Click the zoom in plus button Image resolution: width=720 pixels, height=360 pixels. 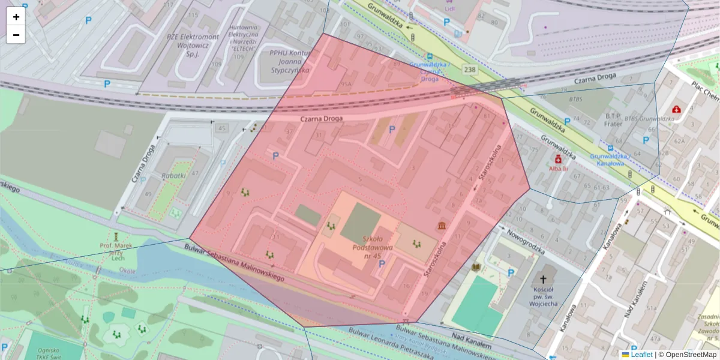(x=16, y=17)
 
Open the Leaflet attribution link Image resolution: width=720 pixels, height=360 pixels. (x=641, y=355)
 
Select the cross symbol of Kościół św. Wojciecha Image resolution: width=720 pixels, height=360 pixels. (x=544, y=279)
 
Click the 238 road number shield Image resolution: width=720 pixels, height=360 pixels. (x=470, y=70)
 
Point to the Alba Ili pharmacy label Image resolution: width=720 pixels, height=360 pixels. (x=559, y=169)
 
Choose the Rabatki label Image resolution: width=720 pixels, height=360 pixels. (x=173, y=176)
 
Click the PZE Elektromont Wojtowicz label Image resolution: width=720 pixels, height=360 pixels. (x=193, y=45)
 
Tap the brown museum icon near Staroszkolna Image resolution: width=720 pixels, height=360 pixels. (x=442, y=226)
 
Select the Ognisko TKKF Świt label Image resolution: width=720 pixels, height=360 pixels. (x=48, y=354)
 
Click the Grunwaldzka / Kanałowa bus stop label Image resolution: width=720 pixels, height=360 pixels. (x=608, y=160)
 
